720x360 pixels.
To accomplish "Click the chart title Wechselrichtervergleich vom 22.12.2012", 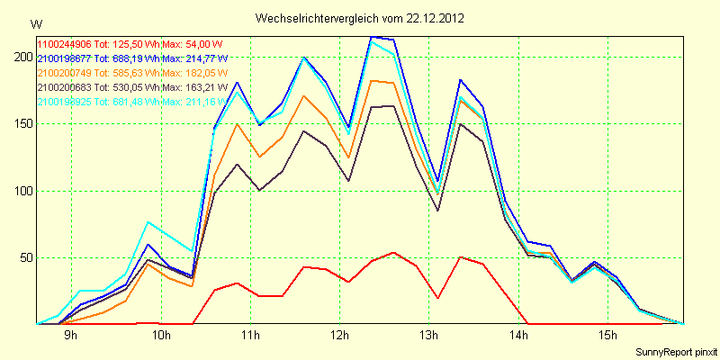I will (359, 18).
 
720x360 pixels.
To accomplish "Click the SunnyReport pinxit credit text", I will (676, 350).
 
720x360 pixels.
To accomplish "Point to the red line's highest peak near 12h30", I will (393, 253).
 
